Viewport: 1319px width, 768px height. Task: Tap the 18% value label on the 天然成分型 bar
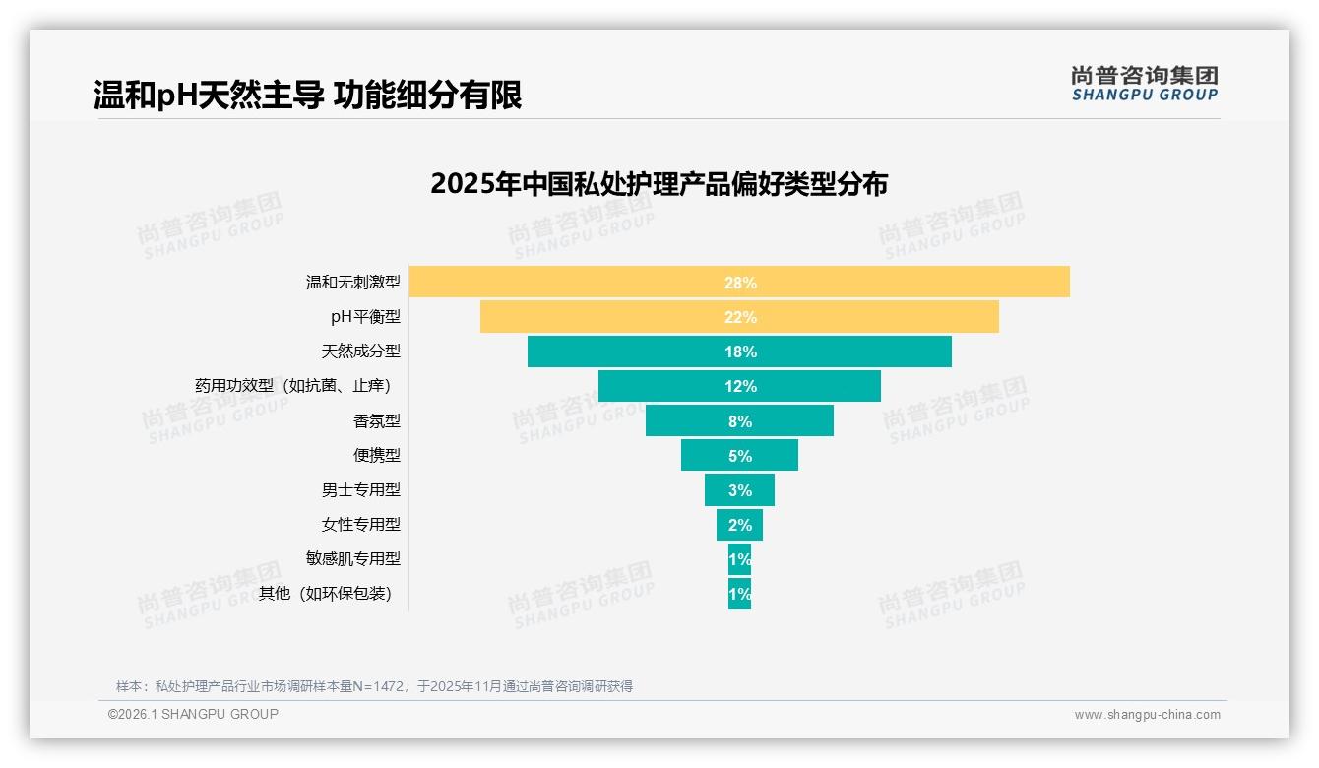(x=740, y=352)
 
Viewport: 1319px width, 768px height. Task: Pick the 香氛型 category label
(x=377, y=420)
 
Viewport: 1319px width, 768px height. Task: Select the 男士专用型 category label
(x=361, y=489)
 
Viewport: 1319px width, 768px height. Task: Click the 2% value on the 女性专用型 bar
(x=740, y=525)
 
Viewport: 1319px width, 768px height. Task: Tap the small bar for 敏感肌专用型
(x=739, y=559)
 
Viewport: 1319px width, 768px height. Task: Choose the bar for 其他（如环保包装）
(x=739, y=594)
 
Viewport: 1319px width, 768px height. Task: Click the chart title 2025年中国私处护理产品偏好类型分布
(x=659, y=184)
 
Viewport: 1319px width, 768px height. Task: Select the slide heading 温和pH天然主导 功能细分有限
(x=307, y=96)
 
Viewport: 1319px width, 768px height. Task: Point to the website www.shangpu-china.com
(x=1147, y=715)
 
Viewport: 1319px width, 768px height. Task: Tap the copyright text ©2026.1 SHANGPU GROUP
(x=193, y=714)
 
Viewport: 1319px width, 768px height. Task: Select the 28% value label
(x=740, y=283)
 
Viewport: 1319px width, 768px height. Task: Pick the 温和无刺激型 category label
(x=353, y=283)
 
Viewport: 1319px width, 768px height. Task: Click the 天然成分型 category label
(x=361, y=352)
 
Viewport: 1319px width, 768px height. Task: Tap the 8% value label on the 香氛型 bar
(x=740, y=421)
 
